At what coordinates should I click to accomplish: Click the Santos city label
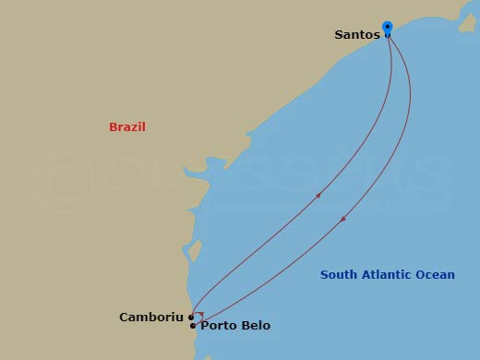(357, 35)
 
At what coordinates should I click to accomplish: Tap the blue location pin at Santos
(387, 28)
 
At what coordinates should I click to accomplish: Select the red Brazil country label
(127, 127)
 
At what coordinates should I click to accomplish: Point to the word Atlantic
(387, 274)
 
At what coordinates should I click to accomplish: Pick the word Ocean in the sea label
(436, 274)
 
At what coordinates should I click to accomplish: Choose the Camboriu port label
(152, 318)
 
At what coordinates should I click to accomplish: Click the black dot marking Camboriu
(191, 318)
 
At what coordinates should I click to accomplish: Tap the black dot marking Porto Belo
(192, 326)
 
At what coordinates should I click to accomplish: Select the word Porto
(218, 326)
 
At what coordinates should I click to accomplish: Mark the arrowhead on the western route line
(318, 195)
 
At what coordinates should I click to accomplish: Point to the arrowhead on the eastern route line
(343, 219)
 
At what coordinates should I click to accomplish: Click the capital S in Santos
(339, 35)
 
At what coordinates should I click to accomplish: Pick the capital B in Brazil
(113, 127)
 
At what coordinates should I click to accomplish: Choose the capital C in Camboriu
(125, 318)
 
